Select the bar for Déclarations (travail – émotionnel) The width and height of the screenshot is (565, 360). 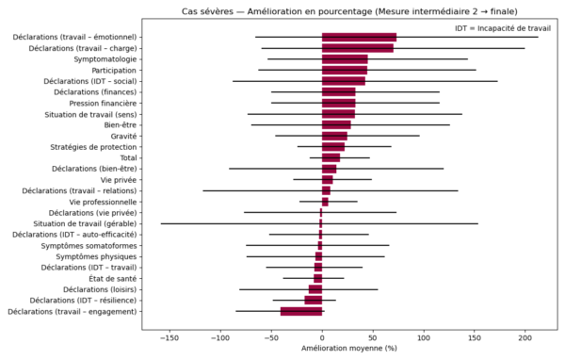[x=359, y=37]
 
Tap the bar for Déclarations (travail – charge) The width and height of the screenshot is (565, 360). [x=357, y=47]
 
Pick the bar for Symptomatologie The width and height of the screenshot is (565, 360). [x=345, y=58]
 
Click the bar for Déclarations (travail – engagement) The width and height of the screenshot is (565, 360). [x=301, y=311]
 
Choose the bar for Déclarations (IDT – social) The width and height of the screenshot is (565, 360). [x=343, y=81]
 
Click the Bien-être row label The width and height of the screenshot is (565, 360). [x=119, y=124]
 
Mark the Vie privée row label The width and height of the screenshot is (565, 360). [x=117, y=179]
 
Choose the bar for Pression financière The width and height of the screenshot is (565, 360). [x=338, y=103]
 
